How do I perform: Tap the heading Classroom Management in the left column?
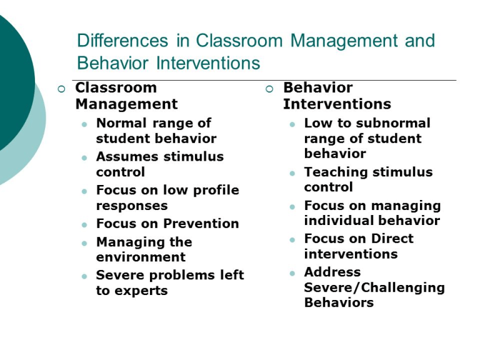pos(126,96)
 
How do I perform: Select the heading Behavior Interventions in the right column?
pos(337,96)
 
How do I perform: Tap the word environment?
pos(141,257)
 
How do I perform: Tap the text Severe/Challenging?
pos(374,287)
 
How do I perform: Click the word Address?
pos(332,272)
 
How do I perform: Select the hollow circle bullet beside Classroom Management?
pos(61,89)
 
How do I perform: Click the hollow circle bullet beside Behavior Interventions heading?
pos(269,89)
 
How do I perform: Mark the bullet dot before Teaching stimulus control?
pos(292,172)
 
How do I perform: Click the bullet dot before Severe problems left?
pos(84,276)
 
